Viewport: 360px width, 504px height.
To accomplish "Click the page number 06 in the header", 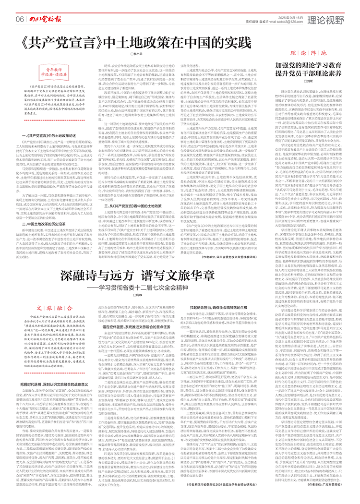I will pos(20,19).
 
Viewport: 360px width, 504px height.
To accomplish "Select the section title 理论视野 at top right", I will pos(326,19).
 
